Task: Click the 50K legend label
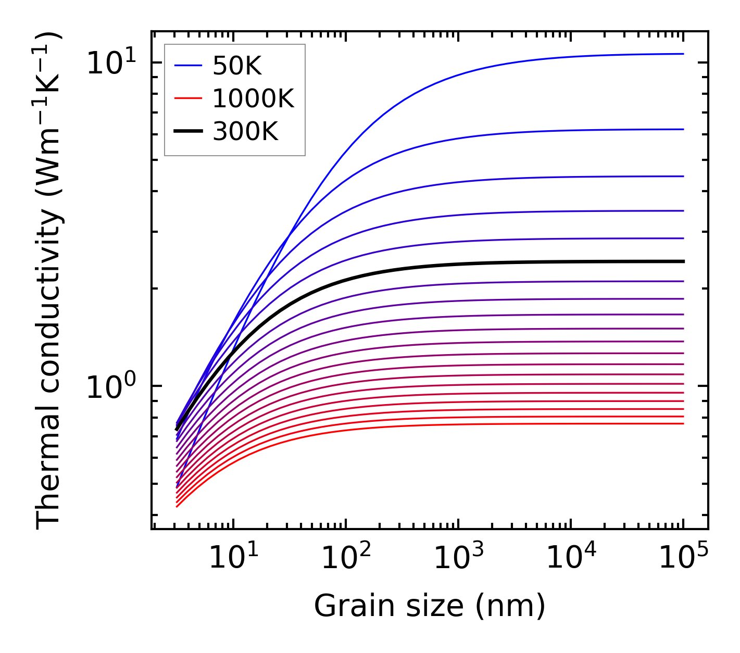tap(237, 66)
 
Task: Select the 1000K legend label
tap(253, 98)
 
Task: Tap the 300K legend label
tap(245, 132)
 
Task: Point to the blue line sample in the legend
tap(187, 66)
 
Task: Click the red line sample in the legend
tap(187, 98)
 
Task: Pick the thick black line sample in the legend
tap(187, 132)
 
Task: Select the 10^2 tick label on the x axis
tap(345, 559)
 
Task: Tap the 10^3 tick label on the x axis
tap(458, 559)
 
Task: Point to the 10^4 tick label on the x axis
tap(571, 559)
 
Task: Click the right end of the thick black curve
tap(683, 261)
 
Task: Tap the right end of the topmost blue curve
tap(683, 54)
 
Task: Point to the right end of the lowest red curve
tap(683, 423)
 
